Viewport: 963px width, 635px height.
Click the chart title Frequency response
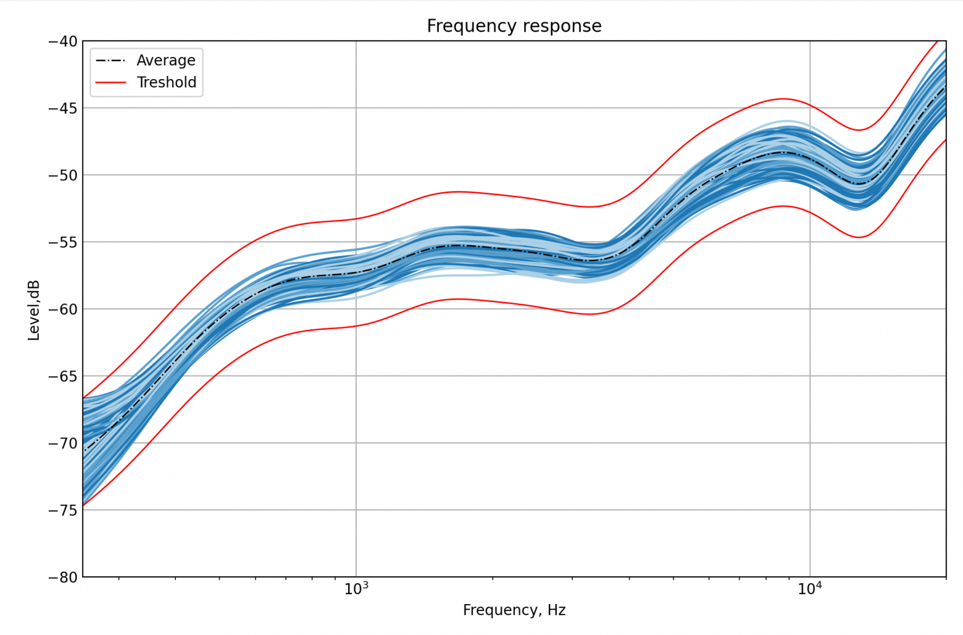pos(514,26)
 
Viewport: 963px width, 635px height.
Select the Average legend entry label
pos(165,61)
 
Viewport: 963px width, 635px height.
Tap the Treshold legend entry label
pos(166,83)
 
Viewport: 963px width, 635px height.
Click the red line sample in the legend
pos(110,83)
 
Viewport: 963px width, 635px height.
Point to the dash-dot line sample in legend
pos(110,61)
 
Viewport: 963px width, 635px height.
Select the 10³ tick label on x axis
pos(356,589)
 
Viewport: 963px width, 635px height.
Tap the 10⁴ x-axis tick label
pos(810,589)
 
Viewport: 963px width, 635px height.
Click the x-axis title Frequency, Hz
pos(514,611)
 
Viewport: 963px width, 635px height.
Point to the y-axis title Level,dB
pos(34,310)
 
